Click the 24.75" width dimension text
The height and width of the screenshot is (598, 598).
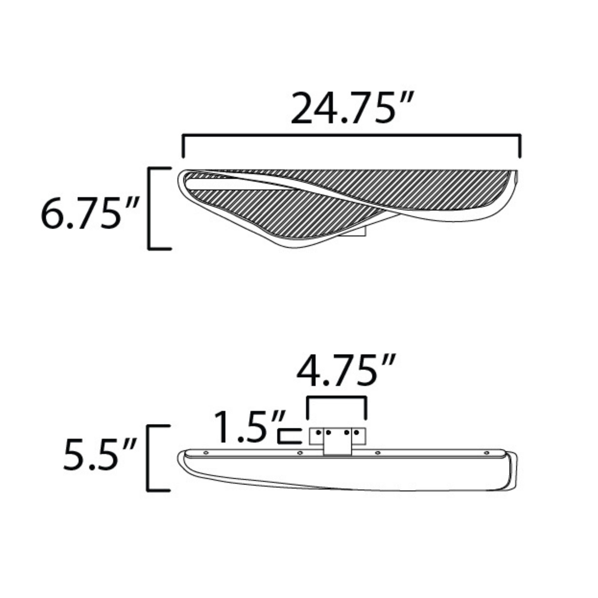352,108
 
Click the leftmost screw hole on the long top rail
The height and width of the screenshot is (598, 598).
205,453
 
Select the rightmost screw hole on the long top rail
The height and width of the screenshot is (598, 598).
486,453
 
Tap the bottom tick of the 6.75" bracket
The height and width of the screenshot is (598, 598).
159,248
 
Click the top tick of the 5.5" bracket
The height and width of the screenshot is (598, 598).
158,426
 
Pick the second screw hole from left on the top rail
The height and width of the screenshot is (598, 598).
300,453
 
